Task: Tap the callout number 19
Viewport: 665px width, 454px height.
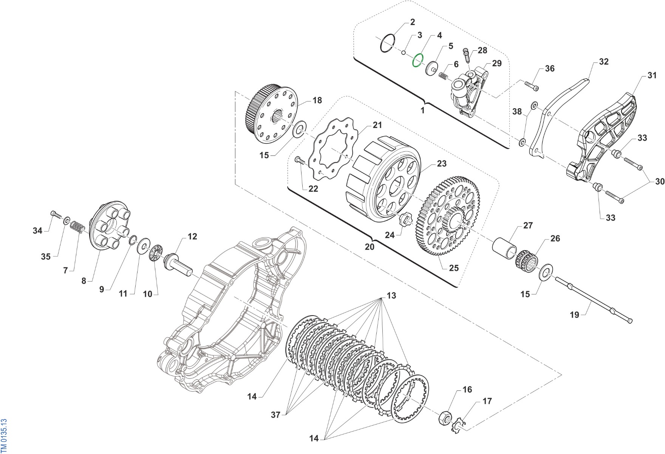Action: (574, 315)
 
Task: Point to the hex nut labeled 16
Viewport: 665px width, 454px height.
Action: (445, 418)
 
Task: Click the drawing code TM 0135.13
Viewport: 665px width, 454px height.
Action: (4, 435)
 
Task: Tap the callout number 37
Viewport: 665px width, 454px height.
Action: (275, 415)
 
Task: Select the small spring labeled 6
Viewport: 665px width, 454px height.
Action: (443, 76)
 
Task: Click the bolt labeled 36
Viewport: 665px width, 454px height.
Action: (532, 86)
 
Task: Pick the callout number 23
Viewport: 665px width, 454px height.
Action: (442, 163)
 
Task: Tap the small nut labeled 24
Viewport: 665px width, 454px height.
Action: (405, 220)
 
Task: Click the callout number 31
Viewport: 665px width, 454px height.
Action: (652, 75)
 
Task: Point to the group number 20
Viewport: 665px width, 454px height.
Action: (370, 247)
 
